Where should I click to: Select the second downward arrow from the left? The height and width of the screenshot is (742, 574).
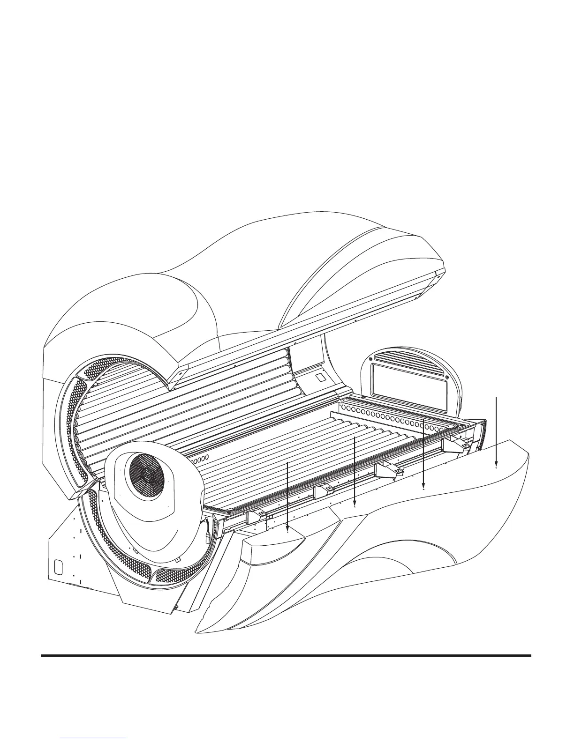point(355,468)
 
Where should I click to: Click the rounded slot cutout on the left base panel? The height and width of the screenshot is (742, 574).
point(58,566)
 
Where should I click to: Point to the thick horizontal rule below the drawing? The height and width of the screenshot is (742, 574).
point(286,655)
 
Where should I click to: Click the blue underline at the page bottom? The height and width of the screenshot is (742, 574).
point(94,738)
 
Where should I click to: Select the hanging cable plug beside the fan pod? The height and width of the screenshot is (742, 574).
point(207,533)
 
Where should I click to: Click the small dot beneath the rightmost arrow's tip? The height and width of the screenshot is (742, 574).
point(496,467)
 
